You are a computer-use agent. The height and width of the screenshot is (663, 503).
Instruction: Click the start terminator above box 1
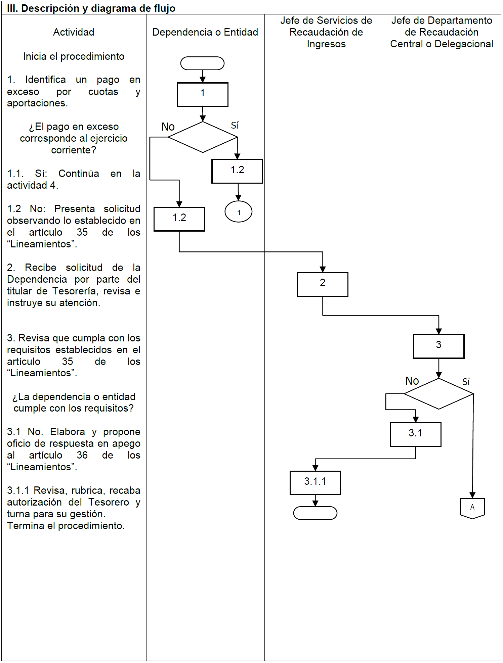pos(202,63)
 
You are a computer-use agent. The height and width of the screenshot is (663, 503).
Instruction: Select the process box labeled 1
pos(203,94)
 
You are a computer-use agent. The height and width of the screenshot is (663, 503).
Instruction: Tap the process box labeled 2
pos(323,284)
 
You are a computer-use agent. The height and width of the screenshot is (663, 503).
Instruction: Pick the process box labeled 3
pos(438,346)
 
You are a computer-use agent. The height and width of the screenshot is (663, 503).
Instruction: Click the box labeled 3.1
pos(416,434)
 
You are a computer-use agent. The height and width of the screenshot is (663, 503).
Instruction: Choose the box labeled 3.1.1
pos(315,482)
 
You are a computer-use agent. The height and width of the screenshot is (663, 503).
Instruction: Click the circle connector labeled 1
pos(239,211)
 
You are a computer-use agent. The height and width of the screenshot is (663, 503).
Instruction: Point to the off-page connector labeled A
pos(472,508)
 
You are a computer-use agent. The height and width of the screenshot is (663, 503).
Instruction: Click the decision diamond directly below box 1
pos(203,137)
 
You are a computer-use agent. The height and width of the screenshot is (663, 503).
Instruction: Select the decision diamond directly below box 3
pos(438,393)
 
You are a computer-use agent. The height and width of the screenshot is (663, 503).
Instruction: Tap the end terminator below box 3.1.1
pos(315,513)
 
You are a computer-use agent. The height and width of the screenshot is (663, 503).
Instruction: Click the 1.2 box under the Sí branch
pos(237,171)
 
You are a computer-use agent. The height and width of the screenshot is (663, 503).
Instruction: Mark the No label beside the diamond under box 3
pos(412,381)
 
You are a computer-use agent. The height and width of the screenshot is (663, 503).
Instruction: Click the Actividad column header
pos(74,32)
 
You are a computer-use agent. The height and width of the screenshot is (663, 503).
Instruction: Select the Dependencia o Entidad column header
pos(205,32)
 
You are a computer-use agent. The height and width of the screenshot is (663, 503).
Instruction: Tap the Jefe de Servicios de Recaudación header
pos(326,32)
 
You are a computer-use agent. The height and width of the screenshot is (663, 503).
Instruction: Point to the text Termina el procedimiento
pos(66,526)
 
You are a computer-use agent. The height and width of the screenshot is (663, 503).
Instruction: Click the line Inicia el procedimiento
pos(74,56)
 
